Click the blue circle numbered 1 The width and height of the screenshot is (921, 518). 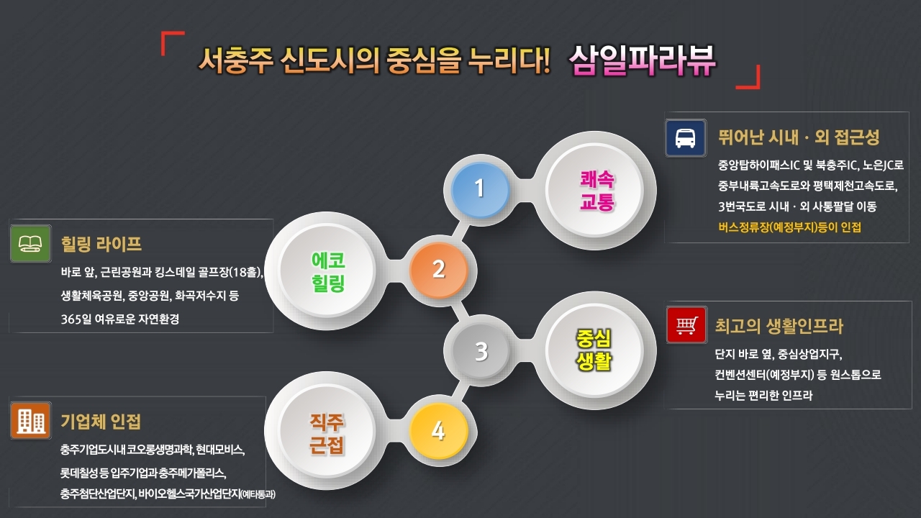tap(480, 188)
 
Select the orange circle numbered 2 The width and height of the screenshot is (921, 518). tap(439, 270)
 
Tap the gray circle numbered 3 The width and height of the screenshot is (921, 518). tap(481, 351)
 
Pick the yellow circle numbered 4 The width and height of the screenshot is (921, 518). tap(438, 432)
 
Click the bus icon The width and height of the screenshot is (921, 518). tap(685, 137)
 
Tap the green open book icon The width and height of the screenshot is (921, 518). tap(30, 244)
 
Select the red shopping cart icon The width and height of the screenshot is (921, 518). tap(686, 325)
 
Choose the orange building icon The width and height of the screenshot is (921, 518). tap(30, 420)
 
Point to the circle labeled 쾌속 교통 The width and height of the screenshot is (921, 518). tap(597, 191)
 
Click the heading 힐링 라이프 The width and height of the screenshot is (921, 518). tap(101, 243)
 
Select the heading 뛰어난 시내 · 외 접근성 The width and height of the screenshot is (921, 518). tap(799, 137)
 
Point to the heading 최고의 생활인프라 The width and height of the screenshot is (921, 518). tap(779, 326)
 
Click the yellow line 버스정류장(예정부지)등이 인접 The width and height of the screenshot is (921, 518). tap(789, 227)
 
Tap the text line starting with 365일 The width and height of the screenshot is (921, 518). tap(120, 319)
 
